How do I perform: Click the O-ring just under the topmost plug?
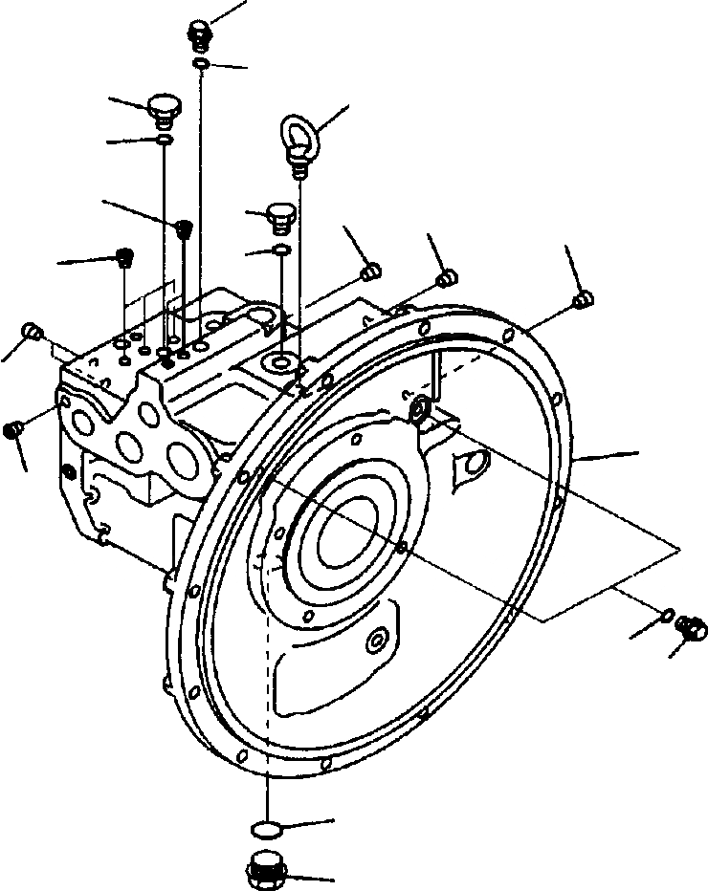(x=201, y=63)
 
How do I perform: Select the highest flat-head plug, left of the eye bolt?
(x=164, y=107)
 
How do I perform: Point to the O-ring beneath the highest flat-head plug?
(x=165, y=141)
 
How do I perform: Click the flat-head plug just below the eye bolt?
(x=279, y=216)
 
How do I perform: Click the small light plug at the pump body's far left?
(x=31, y=332)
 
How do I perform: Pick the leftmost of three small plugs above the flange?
(x=373, y=272)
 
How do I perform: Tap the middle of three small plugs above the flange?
(x=444, y=277)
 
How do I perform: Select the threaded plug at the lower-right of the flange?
(x=688, y=627)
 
